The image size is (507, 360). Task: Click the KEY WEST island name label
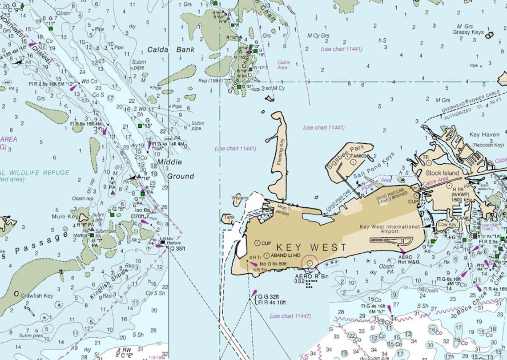click(x=311, y=247)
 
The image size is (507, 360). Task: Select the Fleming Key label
click(x=280, y=152)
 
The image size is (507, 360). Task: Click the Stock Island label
click(x=442, y=173)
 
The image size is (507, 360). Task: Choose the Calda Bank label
click(x=171, y=50)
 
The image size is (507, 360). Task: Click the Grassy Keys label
click(x=468, y=32)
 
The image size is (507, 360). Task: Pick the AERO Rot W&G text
click(x=409, y=259)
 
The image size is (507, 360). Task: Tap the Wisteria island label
click(x=240, y=198)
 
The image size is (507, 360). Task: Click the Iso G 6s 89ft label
click(x=273, y=264)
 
